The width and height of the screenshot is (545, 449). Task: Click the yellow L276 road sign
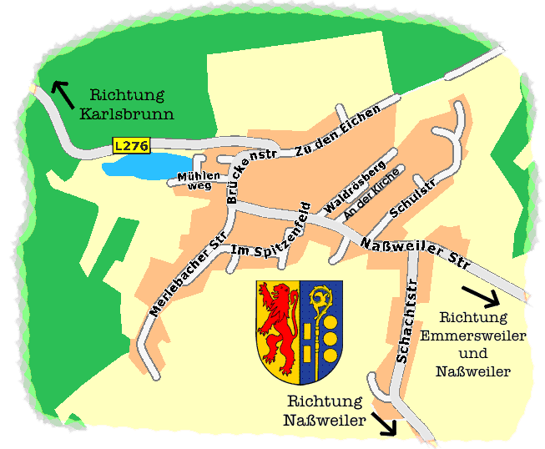pyautogui.click(x=131, y=146)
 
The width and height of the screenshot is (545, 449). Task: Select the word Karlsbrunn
pyautogui.click(x=126, y=113)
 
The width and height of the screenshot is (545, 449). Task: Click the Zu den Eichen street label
pyautogui.click(x=337, y=132)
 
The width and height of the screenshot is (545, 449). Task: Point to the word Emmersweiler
pyautogui.click(x=473, y=336)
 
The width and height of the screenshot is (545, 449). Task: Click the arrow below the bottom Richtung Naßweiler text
pyautogui.click(x=385, y=423)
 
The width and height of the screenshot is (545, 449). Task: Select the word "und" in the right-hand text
pyautogui.click(x=473, y=354)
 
